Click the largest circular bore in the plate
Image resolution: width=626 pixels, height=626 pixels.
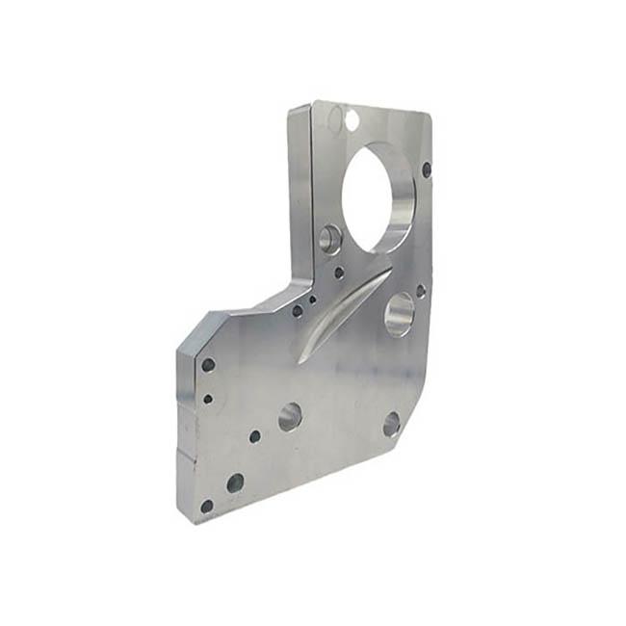coord(378,196)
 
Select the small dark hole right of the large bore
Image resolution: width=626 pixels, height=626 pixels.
coord(427,170)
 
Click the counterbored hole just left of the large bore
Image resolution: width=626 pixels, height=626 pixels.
coord(330,238)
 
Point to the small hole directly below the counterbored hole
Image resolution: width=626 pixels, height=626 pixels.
coord(339,274)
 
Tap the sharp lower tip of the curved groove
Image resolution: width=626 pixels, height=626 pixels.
coord(300,360)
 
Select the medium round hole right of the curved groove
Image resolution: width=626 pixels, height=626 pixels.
coord(399,314)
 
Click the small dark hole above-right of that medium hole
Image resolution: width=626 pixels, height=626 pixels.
coord(421,289)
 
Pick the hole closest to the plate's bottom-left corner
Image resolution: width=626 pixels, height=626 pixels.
coord(206,506)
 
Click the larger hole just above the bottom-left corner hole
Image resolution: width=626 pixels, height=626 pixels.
coord(235,483)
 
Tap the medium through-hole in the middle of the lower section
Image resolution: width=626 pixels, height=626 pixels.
coord(290,417)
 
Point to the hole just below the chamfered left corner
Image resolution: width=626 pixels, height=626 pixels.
coord(208,365)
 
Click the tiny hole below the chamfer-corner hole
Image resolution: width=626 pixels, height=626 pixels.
coord(208,397)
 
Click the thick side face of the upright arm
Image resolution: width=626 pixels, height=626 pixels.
coord(300,193)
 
